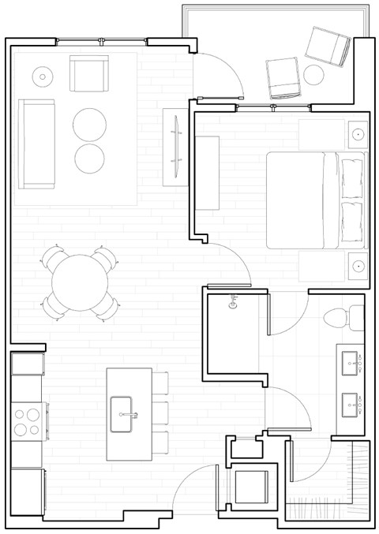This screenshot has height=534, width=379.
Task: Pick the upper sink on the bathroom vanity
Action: (351, 365)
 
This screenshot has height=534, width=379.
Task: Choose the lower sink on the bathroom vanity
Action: (351, 407)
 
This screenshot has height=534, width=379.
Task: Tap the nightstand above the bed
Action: (358, 134)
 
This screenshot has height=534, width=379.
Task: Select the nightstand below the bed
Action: (358, 266)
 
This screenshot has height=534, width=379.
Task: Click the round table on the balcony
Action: (315, 75)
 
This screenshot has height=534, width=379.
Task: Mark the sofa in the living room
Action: (36, 144)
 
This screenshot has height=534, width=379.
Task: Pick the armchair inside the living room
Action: (88, 73)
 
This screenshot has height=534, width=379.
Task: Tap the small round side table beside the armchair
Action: (42, 77)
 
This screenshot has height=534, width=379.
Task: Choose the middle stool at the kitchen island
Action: (160, 413)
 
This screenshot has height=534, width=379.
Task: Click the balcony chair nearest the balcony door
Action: (283, 78)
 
